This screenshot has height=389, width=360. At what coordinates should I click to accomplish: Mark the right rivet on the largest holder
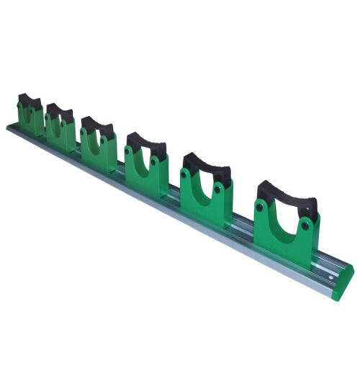point(306,225)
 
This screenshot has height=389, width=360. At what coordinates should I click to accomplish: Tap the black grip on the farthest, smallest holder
point(30,99)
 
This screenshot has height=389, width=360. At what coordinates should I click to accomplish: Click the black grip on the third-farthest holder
point(96,125)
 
